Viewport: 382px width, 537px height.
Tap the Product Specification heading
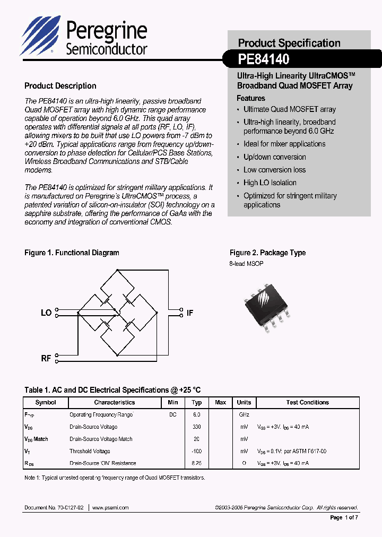(x=289, y=43)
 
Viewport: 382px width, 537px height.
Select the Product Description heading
(x=60, y=86)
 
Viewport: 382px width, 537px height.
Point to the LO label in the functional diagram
(x=46, y=313)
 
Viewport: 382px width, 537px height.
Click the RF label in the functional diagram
(x=46, y=358)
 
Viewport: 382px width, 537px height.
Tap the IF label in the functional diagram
(x=189, y=313)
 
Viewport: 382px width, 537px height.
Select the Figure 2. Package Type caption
(x=267, y=253)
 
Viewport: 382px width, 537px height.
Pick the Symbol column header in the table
(x=46, y=402)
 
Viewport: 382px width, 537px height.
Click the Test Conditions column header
(x=308, y=402)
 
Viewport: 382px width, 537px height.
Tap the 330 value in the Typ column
(x=196, y=427)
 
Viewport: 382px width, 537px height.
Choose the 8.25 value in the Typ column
(x=196, y=463)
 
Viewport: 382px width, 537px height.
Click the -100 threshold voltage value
(x=196, y=451)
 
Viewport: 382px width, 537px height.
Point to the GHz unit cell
(x=244, y=414)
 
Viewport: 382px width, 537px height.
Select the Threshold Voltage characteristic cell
(x=90, y=451)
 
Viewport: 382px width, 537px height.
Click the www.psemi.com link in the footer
(x=110, y=507)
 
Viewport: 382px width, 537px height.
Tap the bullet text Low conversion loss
(x=274, y=170)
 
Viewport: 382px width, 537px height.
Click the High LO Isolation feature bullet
(x=270, y=183)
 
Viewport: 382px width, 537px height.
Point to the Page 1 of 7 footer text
(x=344, y=517)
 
